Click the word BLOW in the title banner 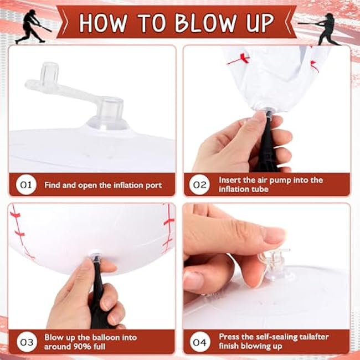coord(206,23)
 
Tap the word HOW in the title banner coord(103,23)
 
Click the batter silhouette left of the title coord(32,27)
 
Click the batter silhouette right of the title coord(321,29)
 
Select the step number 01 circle coord(26,184)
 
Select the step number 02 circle coord(200,184)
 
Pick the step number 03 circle coord(27,342)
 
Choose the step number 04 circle coord(200,342)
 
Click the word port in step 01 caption coord(153,186)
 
